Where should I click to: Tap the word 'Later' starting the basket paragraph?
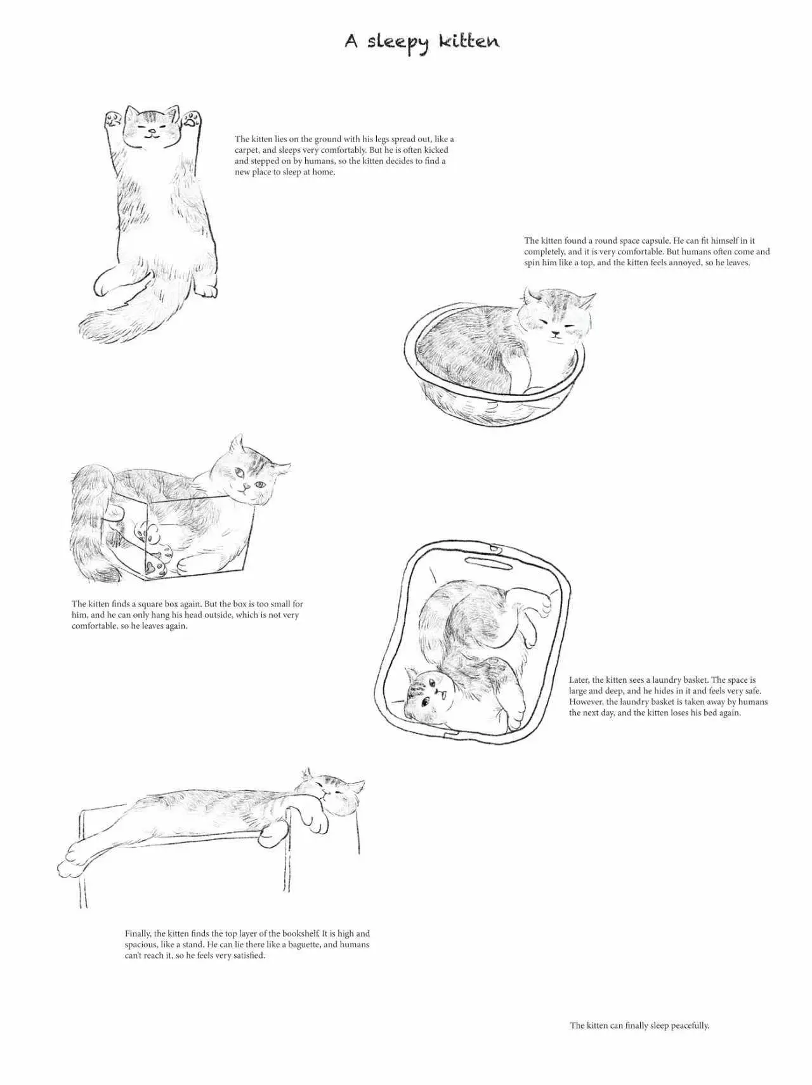(x=579, y=680)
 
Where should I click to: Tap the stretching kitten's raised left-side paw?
(x=114, y=119)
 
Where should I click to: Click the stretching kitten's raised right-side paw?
(x=192, y=119)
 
